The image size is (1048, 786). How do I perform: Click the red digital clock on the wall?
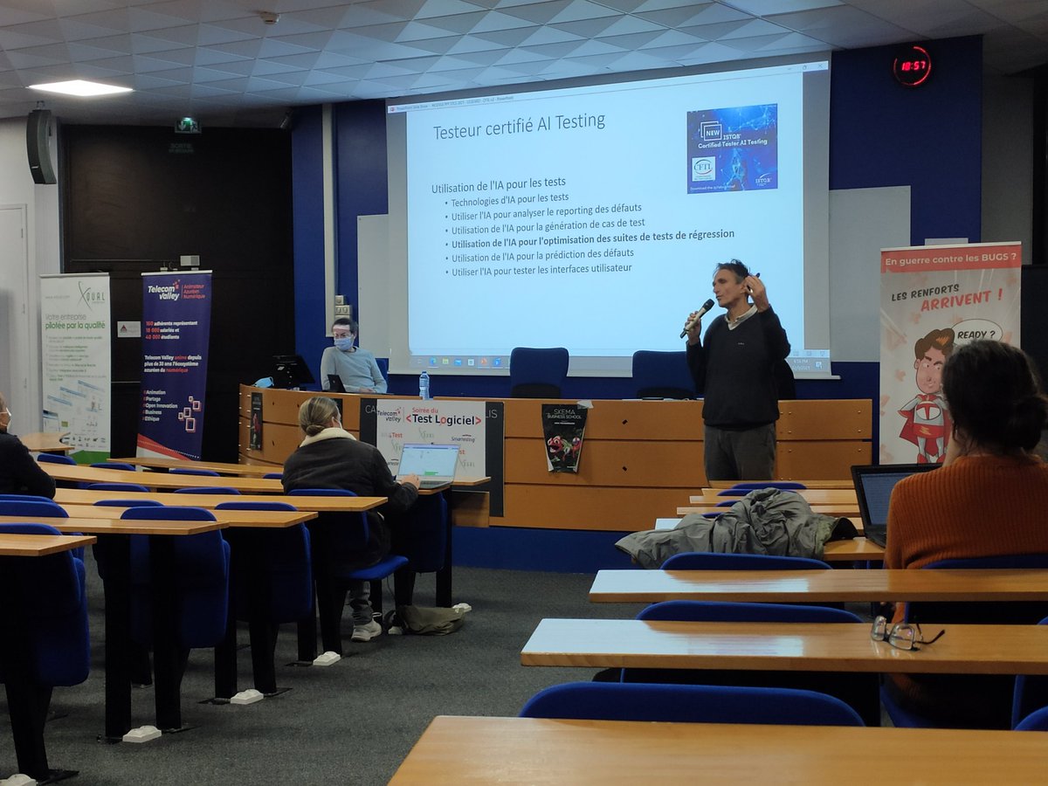tap(911, 66)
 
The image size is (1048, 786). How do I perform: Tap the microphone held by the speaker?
tap(698, 317)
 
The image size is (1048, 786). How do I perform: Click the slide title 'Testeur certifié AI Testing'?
tap(519, 123)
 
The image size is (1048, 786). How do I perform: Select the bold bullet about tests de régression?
tap(592, 234)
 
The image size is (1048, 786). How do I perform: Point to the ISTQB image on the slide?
tap(732, 148)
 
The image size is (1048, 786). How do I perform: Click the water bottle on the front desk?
tap(424, 384)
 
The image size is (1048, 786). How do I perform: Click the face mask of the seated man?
tap(344, 343)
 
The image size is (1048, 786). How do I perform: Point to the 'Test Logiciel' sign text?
tap(443, 419)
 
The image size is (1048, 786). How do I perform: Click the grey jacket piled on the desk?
tap(734, 527)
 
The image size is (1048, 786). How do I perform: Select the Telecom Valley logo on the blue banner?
tap(163, 291)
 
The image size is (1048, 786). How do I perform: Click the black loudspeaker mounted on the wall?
tap(41, 146)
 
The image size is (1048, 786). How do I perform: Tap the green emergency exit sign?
tap(187, 126)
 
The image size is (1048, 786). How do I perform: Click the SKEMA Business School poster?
tap(563, 437)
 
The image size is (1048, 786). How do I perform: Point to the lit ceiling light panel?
tap(79, 88)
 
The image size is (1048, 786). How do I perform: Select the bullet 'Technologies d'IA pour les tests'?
tap(509, 198)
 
